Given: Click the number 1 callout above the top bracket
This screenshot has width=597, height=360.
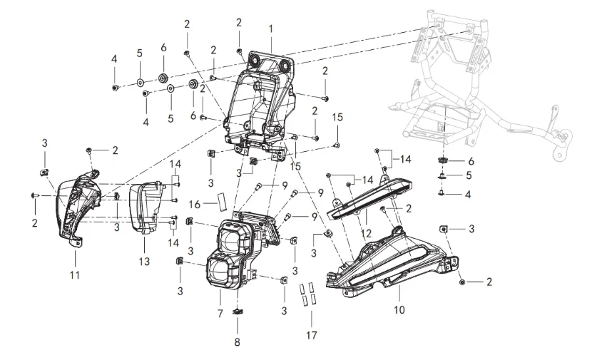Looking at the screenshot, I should pyautogui.click(x=271, y=29).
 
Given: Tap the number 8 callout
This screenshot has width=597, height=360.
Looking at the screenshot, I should pyautogui.click(x=238, y=342).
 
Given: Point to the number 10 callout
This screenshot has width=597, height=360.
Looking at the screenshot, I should pyautogui.click(x=399, y=310).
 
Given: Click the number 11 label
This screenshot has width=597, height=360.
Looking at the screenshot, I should pyautogui.click(x=76, y=274).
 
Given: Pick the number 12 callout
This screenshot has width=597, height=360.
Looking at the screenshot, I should pyautogui.click(x=366, y=232).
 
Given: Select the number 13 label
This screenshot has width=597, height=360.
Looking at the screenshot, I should pyautogui.click(x=144, y=262).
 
